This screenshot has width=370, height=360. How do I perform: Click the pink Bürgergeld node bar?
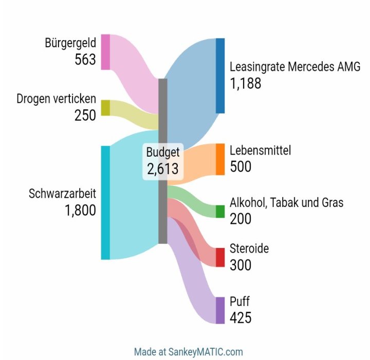pos(105,51)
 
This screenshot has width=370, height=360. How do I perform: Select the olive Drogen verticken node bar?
pos(105,107)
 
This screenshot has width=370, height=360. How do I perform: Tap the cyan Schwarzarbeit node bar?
pos(105,202)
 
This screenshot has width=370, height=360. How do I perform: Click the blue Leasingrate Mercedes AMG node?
pos(220,75)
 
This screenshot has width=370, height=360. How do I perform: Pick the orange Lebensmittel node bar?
pos(220,159)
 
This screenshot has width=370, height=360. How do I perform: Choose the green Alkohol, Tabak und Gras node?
pos(220,212)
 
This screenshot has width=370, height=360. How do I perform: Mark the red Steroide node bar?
pos(220,257)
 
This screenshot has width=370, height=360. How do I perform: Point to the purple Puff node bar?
pos(220,310)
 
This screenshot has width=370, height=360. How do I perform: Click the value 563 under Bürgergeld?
pos(85,60)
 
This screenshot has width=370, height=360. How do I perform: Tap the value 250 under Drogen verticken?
pos(85,116)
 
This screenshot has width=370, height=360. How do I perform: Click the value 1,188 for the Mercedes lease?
pos(246,84)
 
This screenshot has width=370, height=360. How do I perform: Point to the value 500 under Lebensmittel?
pos(240,167)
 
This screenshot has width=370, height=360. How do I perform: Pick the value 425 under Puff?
pos(240,318)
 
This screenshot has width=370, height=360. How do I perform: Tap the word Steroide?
pos(249,249)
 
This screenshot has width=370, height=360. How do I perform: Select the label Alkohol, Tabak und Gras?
pos(286,203)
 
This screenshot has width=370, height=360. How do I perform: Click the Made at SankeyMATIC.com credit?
pos(188,352)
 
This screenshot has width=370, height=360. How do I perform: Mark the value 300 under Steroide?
pos(240,266)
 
